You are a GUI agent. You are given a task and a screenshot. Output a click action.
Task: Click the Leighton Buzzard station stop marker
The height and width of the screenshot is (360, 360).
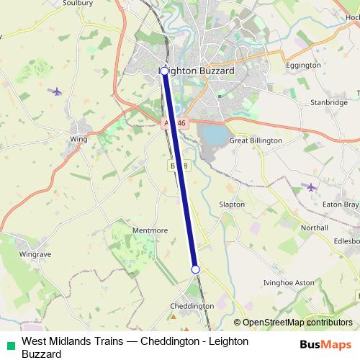pyautogui.click(x=164, y=71)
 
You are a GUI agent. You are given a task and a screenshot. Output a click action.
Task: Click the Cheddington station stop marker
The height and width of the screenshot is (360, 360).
pyautogui.click(x=195, y=269)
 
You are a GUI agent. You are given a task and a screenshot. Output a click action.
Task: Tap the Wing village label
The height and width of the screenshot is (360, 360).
pyautogui.click(x=78, y=139)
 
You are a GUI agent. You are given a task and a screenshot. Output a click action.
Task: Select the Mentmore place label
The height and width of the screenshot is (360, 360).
pyautogui.click(x=150, y=230)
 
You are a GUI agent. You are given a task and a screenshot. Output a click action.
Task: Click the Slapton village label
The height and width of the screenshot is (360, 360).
pyautogui.click(x=232, y=204)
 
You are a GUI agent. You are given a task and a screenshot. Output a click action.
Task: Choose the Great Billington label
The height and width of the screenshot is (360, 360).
pyautogui.click(x=255, y=141)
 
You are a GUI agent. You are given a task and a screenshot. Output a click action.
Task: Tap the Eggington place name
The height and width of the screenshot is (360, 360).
pyautogui.click(x=303, y=65)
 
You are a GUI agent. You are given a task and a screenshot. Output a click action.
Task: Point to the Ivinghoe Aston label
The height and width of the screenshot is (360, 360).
pyautogui.click(x=289, y=282)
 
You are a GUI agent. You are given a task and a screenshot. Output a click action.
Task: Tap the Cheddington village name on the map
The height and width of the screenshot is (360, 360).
pyautogui.click(x=192, y=306)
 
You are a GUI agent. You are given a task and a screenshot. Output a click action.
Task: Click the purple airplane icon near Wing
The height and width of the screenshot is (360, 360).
pyautogui.click(x=57, y=91)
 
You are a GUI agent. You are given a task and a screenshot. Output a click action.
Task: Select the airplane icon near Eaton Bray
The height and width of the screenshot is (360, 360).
pyautogui.click(x=311, y=187)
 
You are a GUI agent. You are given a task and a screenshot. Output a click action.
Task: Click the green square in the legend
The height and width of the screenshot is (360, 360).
pyautogui.click(x=9, y=346)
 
